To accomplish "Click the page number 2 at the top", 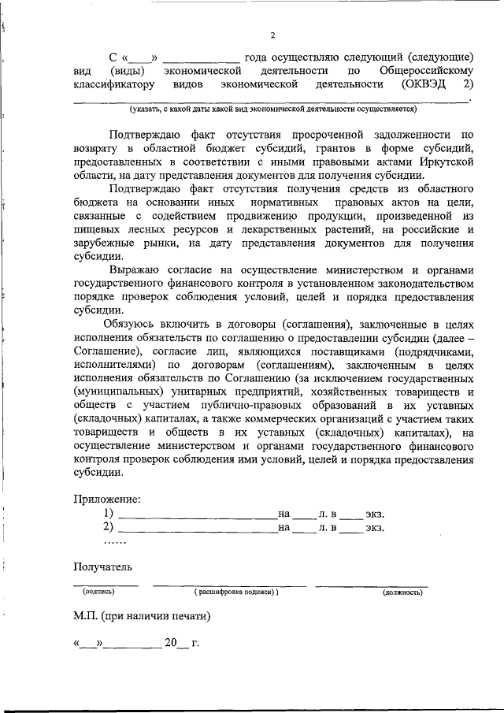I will pyautogui.click(x=272, y=35).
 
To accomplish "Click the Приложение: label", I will pyautogui.click(x=108, y=499).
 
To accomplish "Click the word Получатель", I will pyautogui.click(x=103, y=566).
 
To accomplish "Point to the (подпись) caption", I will pyautogui.click(x=98, y=591).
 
